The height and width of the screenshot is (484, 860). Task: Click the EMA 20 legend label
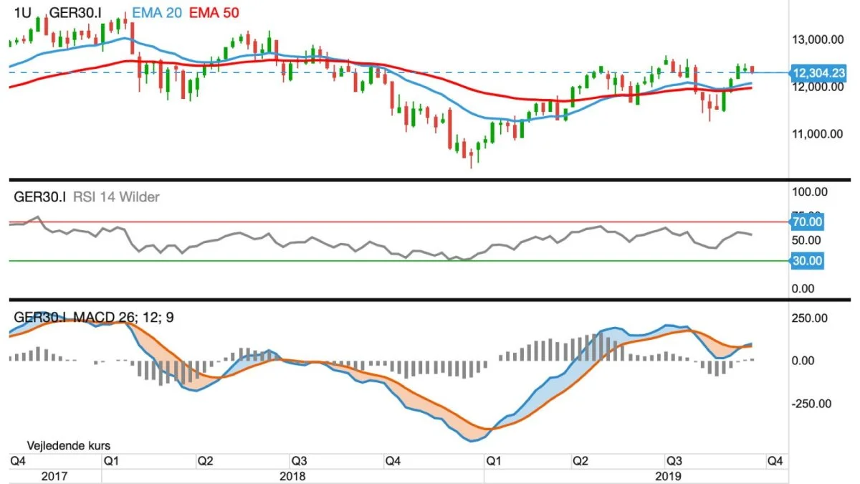[157, 13]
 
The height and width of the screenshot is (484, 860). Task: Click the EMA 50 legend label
[214, 13]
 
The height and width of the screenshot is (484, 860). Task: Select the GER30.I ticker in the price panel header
[75, 13]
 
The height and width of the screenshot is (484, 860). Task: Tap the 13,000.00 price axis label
[818, 39]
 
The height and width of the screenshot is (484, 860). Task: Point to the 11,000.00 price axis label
[818, 133]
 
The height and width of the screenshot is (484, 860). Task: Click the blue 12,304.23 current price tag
[818, 72]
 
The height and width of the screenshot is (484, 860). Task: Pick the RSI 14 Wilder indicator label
[116, 197]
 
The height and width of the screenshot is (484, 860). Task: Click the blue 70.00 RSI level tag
[807, 222]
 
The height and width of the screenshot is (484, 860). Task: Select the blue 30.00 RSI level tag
[807, 261]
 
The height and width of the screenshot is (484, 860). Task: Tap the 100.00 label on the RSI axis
[810, 191]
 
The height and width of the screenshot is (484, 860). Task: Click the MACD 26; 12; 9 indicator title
[123, 317]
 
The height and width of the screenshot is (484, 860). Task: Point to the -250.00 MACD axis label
[811, 404]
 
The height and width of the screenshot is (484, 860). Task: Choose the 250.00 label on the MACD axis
[810, 318]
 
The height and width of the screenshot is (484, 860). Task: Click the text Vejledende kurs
[68, 445]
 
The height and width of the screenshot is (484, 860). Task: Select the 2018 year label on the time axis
[292, 476]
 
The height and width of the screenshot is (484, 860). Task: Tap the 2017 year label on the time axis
[54, 476]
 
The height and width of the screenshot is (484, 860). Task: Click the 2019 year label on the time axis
[669, 476]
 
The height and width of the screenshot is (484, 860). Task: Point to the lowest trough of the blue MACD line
[472, 442]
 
